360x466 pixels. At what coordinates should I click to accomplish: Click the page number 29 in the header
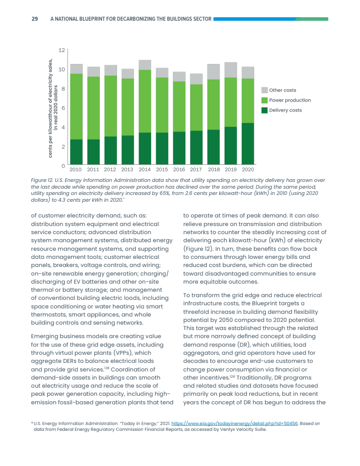[x=34, y=19]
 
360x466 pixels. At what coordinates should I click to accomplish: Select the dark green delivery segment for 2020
[x=248, y=144]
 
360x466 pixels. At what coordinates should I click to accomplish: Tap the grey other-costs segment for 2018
[x=213, y=72]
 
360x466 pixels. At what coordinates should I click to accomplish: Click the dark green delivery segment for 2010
[x=76, y=152]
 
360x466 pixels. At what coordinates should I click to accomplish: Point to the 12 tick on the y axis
[x=62, y=50]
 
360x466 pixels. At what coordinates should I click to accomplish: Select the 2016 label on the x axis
[x=179, y=170]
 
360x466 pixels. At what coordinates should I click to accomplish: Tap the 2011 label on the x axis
[x=93, y=170]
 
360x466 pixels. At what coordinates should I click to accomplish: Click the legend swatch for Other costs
[x=265, y=90]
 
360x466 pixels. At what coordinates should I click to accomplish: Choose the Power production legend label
[x=290, y=100]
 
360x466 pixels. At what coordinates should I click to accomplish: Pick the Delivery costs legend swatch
[x=265, y=110]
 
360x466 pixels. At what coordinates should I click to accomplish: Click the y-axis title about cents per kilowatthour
[x=53, y=108]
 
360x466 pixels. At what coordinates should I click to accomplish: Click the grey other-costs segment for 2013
[x=128, y=73]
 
